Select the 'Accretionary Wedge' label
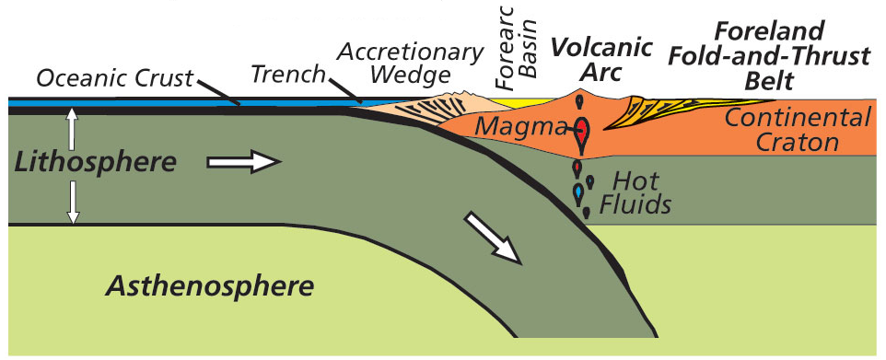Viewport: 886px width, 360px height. pos(411,62)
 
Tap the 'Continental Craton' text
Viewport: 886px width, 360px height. pos(797,130)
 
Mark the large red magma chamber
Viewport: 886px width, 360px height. pos(582,131)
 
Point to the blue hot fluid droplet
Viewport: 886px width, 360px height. pos(578,192)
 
